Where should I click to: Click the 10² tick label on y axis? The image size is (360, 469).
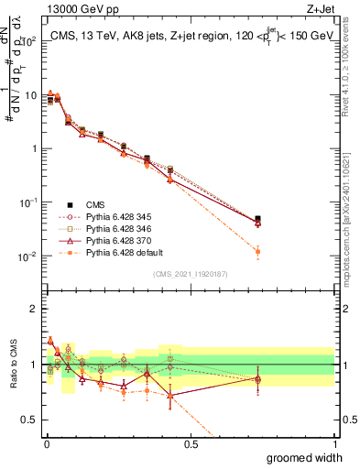point(29,41)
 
